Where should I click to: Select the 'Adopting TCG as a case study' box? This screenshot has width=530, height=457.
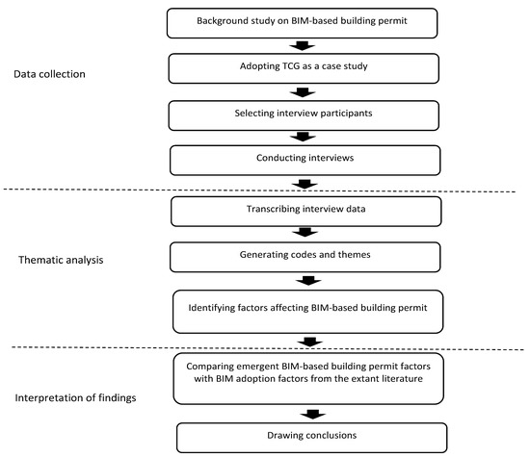coord(305,68)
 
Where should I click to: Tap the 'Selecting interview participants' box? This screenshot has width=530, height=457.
coord(305,115)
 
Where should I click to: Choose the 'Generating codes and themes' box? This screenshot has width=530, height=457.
coord(305,256)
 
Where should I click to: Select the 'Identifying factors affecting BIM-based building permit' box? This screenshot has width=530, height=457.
coord(305,310)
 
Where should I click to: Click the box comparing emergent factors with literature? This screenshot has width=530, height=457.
coord(305,377)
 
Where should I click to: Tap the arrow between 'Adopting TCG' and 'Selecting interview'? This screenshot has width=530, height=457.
coord(305,92)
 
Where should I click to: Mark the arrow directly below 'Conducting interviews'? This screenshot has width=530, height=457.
coord(305,182)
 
